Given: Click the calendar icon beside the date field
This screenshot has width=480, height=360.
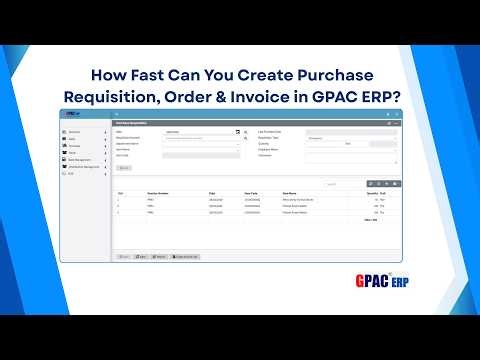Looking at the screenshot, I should coord(237,131).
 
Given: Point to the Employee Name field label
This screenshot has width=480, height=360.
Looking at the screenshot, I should coord(269,149).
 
